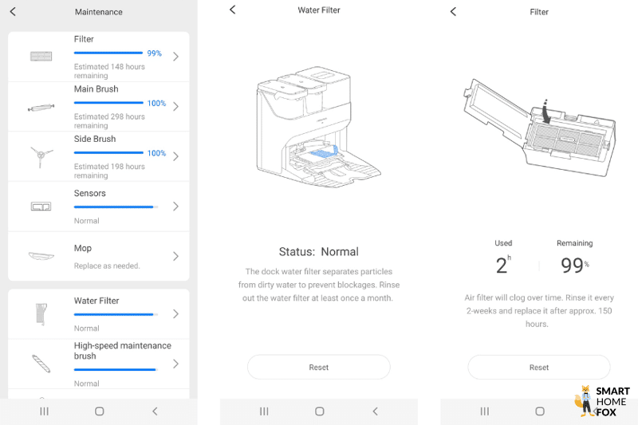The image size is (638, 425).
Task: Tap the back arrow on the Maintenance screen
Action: pos(13,12)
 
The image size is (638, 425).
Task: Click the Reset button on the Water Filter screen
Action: pos(319,367)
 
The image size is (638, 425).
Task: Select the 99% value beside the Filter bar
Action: pos(154,53)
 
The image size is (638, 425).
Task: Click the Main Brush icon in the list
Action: pos(40,107)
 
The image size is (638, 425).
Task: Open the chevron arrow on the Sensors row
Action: pos(175,207)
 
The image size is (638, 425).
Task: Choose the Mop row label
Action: pos(83,249)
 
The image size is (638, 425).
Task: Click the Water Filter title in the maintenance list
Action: pos(96,301)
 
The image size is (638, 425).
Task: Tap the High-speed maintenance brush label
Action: pos(122,351)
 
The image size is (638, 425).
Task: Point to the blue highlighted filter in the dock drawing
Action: pos(325,149)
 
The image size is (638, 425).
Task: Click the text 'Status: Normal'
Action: pos(319,251)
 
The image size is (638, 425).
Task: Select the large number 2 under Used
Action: pos(500,266)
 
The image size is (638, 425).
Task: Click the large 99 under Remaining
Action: pos(571,266)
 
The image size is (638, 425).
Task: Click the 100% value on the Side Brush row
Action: pos(156,153)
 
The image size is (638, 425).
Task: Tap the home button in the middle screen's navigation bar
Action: pos(319,411)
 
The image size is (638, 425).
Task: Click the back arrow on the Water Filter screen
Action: pos(233,10)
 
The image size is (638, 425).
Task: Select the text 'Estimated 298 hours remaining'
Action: pos(109,121)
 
